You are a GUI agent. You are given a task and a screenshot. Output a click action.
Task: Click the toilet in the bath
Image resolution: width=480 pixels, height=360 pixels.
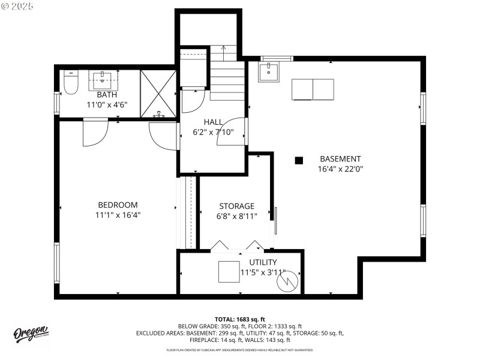[x=70, y=83]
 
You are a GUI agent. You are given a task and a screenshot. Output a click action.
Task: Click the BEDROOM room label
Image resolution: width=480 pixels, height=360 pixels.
[x=118, y=205]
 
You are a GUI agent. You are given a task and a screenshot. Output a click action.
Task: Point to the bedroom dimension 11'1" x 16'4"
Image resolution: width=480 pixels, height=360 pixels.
[x=118, y=215]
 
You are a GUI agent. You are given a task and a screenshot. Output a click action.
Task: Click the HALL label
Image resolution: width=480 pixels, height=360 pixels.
[x=214, y=122]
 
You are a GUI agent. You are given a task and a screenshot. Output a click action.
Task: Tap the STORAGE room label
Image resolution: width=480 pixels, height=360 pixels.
[x=236, y=206]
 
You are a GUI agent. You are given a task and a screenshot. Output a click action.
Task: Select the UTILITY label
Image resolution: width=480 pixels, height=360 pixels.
[x=263, y=262]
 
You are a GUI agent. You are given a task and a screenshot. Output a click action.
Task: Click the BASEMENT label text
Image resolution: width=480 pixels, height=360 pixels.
[x=340, y=159]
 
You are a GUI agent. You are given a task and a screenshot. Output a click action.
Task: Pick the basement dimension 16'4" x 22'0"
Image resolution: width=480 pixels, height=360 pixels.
[x=340, y=169]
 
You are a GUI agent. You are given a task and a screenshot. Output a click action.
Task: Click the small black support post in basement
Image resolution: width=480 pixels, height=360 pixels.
[x=298, y=160]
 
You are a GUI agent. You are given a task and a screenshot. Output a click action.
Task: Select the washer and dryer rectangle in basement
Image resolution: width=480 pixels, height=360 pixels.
[x=313, y=89]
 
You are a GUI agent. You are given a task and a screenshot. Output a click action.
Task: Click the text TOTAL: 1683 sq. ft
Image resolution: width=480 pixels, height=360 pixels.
[x=240, y=319]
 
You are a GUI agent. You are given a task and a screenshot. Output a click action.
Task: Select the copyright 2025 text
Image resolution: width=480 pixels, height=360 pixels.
[x=18, y=5]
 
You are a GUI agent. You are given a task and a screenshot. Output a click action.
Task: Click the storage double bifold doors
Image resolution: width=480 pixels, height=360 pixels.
[x=237, y=245]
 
